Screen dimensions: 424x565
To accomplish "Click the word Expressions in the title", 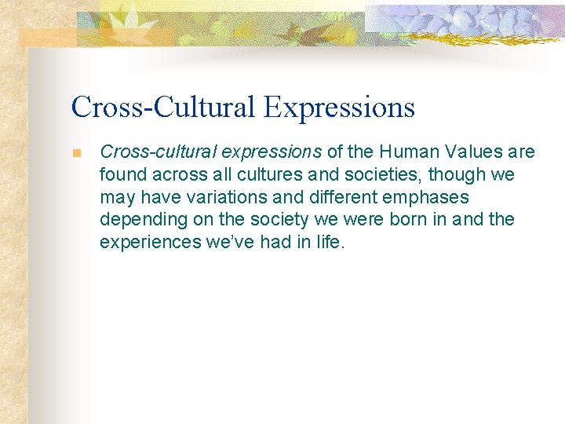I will tap(339, 108).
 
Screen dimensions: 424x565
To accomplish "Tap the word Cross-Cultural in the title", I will tap(163, 108).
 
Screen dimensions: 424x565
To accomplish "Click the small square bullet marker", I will tap(76, 153).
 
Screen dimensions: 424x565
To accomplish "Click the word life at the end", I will tap(330, 243).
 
